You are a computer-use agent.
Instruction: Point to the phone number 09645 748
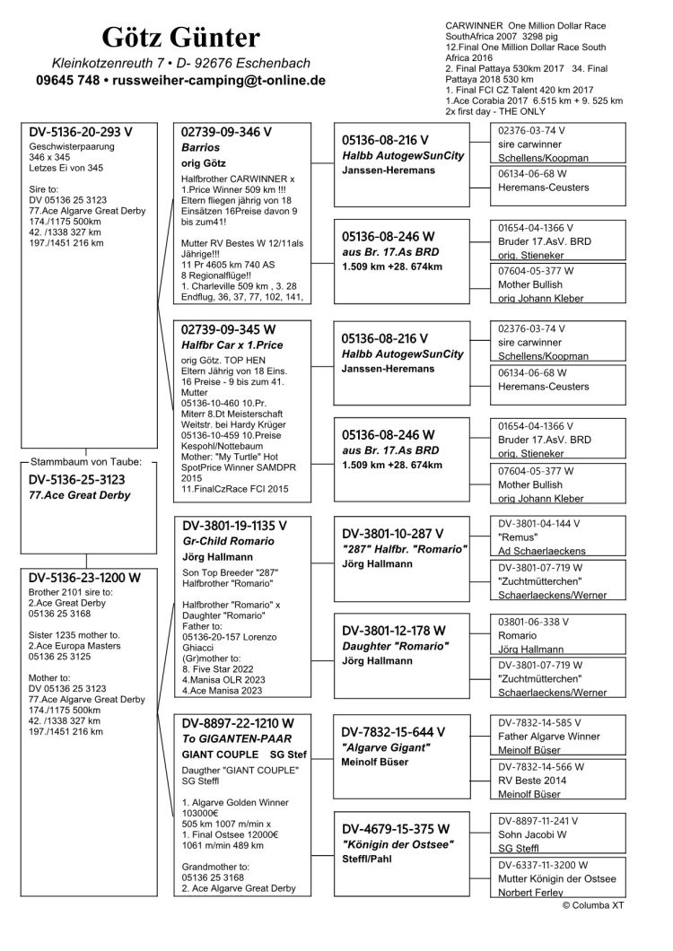pos(61,81)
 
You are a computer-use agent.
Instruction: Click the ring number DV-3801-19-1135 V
pos(234,526)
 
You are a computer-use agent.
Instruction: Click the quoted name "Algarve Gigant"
pos(386,746)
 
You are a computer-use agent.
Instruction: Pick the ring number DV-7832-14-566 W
pos(541,766)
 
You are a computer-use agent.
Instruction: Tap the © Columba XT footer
pos(593,906)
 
